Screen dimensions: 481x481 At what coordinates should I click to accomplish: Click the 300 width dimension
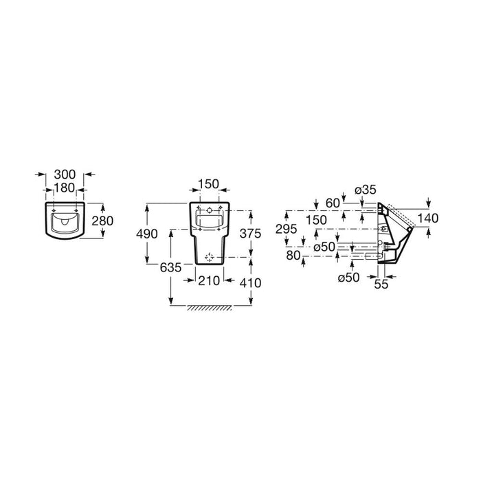[65, 175]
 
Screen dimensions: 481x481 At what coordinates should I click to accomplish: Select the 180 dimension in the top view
[65, 188]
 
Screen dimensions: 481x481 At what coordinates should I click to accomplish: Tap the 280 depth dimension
[103, 221]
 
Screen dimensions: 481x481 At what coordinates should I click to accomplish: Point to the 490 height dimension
[147, 234]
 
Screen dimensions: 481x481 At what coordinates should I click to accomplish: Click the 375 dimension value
[250, 234]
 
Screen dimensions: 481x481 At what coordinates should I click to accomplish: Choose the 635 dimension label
[171, 268]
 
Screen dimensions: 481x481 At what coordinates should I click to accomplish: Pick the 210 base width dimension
[209, 280]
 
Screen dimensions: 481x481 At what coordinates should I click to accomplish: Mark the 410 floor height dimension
[250, 283]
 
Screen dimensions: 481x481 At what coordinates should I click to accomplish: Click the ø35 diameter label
[366, 190]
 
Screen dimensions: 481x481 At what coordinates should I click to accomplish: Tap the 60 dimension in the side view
[333, 203]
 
